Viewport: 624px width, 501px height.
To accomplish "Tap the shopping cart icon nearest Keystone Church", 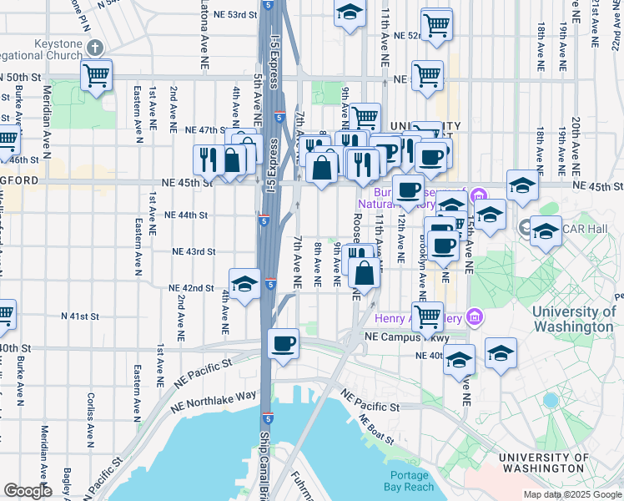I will [98, 75].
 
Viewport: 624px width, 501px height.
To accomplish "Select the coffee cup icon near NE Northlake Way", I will [284, 343].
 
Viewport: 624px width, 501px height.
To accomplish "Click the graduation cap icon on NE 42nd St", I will [244, 285].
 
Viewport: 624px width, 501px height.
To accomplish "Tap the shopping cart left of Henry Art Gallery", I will [428, 316].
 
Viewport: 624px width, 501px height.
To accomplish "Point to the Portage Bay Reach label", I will [410, 480].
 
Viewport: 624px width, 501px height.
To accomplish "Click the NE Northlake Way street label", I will [212, 401].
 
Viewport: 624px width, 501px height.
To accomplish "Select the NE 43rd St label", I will [194, 250].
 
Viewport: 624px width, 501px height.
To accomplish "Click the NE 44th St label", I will [186, 215].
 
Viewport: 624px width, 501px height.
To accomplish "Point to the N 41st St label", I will [80, 316].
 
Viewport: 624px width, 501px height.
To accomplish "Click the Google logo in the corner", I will [28, 491].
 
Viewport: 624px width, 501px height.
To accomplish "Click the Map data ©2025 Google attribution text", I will [571, 494].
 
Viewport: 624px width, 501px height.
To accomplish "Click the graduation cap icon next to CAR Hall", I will [546, 231].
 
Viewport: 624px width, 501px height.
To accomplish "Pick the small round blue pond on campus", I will [549, 400].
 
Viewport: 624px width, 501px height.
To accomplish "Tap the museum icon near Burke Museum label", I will [479, 196].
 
